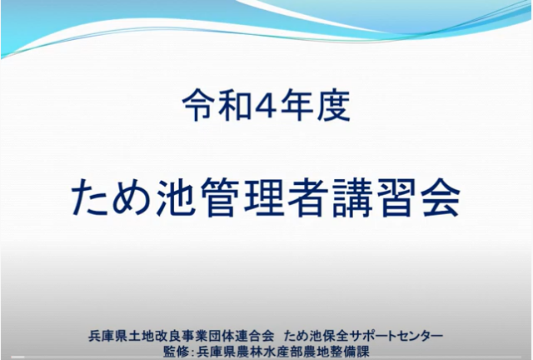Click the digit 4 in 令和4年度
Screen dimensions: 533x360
point(267,105)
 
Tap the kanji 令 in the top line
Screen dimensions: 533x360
point(198,105)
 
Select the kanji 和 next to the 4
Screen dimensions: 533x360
point(234,105)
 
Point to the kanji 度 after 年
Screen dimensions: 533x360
point(334,105)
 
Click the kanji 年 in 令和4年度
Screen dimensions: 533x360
point(299,105)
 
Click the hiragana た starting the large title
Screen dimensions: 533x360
point(89,197)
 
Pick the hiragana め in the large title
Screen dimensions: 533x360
point(132,197)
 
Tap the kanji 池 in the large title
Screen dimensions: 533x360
point(176,197)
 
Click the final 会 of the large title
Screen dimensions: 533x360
point(441,197)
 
